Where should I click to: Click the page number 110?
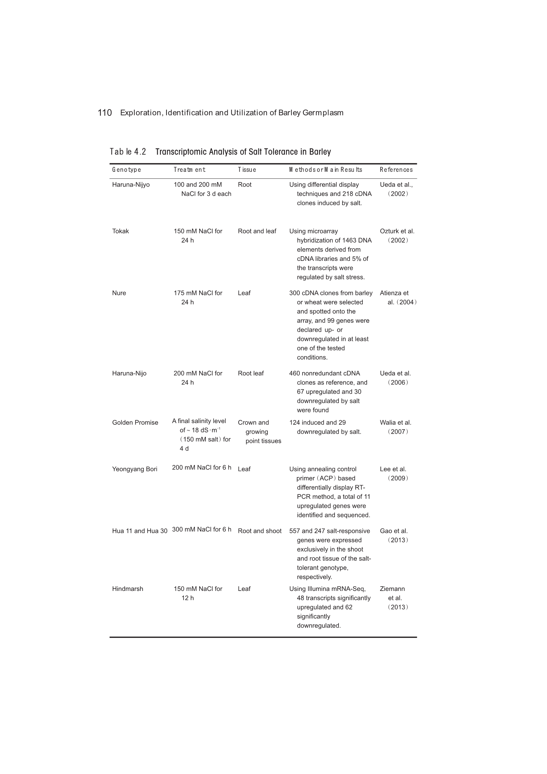[x=105, y=113]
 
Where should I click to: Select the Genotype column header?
[x=126, y=169]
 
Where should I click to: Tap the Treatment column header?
[x=189, y=169]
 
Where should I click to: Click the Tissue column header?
[x=247, y=169]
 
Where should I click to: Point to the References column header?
[x=396, y=169]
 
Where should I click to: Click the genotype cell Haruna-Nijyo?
[x=131, y=185]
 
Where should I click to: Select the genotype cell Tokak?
[x=120, y=231]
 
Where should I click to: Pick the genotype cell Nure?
[x=119, y=293]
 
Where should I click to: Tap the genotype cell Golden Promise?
[x=135, y=422]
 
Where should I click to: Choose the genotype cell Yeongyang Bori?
[x=134, y=469]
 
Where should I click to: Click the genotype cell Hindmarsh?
[x=127, y=589]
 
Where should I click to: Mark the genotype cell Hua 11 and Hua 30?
[x=140, y=531]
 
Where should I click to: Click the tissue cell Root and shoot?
[x=259, y=531]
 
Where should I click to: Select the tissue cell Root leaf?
[x=251, y=373]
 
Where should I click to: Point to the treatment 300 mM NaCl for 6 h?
[x=202, y=529]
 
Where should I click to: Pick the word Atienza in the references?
[x=391, y=293]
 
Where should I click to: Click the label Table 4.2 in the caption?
[x=128, y=152]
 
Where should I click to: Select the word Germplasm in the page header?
[x=323, y=113]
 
